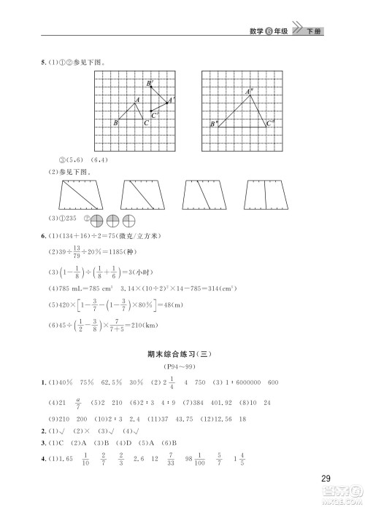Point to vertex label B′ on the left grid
pos(149,84)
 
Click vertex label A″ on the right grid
pos(250,91)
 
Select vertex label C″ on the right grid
pos(270,123)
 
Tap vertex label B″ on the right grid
pos(214,125)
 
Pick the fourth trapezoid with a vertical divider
pos(264,195)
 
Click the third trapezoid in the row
pos(202,195)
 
